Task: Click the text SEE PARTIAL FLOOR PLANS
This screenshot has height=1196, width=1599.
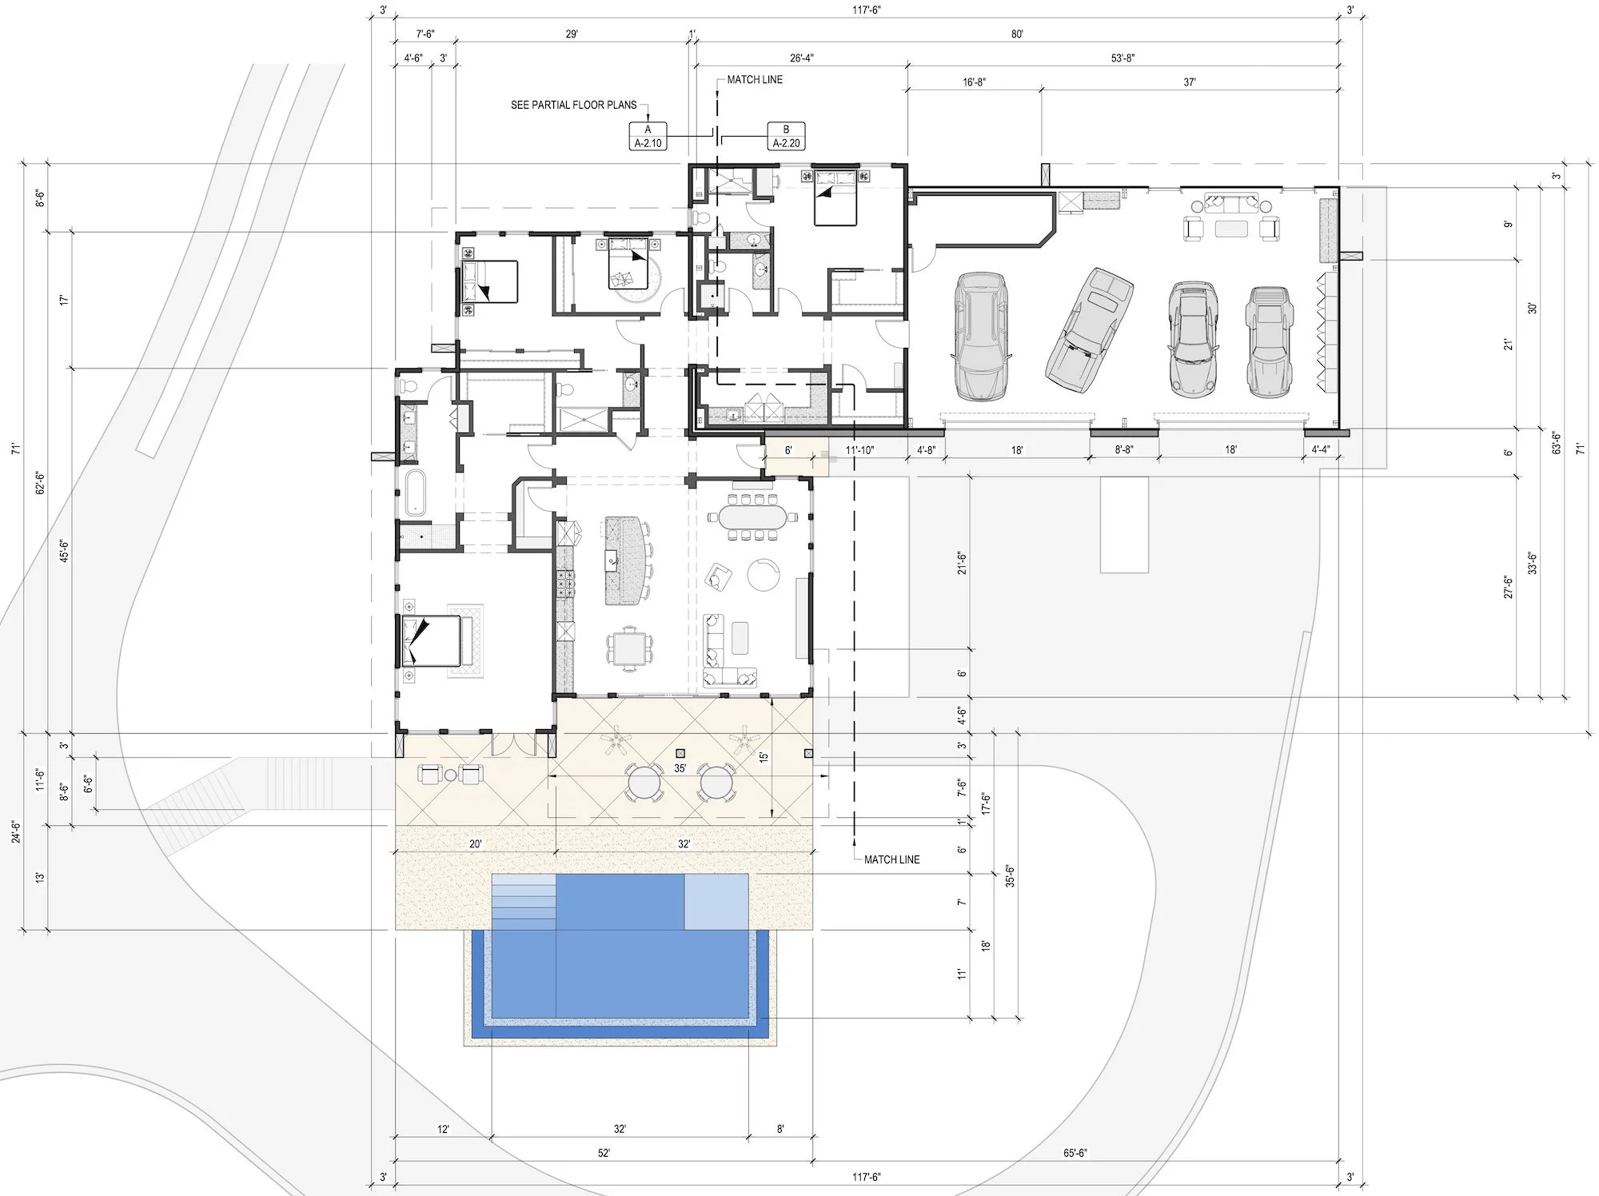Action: tap(574, 105)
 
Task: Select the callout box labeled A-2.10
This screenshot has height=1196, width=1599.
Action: tap(648, 137)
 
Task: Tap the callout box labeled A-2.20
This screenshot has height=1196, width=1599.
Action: tap(786, 137)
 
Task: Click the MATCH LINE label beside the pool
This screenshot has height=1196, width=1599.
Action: tap(891, 859)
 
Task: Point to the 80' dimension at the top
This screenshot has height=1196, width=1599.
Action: tap(1017, 34)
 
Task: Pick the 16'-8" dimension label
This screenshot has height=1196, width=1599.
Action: tap(974, 82)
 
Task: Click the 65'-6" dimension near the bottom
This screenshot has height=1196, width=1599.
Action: tap(1075, 1153)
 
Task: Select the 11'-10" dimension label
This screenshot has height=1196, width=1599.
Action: tap(860, 450)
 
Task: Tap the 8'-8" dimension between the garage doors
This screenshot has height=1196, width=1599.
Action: tap(1124, 450)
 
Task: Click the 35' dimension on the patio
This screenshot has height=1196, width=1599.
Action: tap(680, 768)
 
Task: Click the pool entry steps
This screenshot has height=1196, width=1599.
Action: tap(523, 902)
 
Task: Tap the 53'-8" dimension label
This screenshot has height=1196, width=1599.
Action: tap(1122, 58)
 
